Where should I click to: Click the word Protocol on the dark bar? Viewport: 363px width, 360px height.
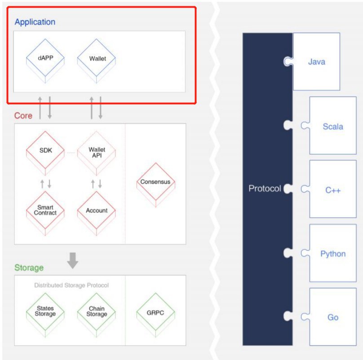click(265, 189)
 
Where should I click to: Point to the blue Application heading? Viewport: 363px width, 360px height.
click(35, 22)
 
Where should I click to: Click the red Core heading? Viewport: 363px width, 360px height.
click(23, 116)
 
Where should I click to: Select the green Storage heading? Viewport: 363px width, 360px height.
click(29, 268)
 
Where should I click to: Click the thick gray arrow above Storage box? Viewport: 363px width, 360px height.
click(72, 260)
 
